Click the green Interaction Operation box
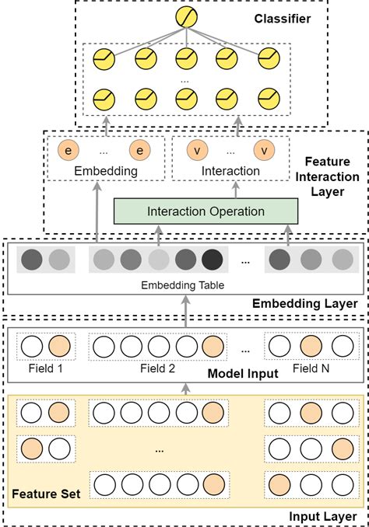click(206, 211)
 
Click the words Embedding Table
click(182, 285)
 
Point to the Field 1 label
click(41, 368)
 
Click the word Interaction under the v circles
click(230, 171)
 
